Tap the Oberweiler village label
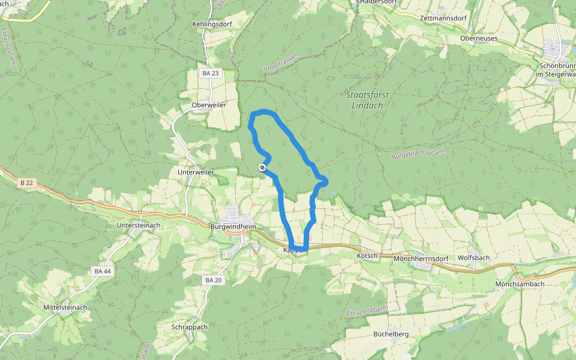tap(208, 104)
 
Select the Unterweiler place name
tap(196, 172)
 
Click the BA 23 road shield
tap(211, 73)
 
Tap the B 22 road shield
tap(27, 182)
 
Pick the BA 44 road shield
tap(103, 271)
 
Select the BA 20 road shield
tap(214, 280)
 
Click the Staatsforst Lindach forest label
tap(364, 100)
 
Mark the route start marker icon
tap(262, 167)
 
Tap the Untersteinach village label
tap(139, 225)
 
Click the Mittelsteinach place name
tap(65, 308)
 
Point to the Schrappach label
tap(190, 328)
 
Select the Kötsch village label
tap(367, 256)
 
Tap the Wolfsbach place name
tap(473, 258)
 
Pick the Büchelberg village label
tap(391, 334)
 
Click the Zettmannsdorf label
tap(443, 19)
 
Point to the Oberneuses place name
tap(479, 38)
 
